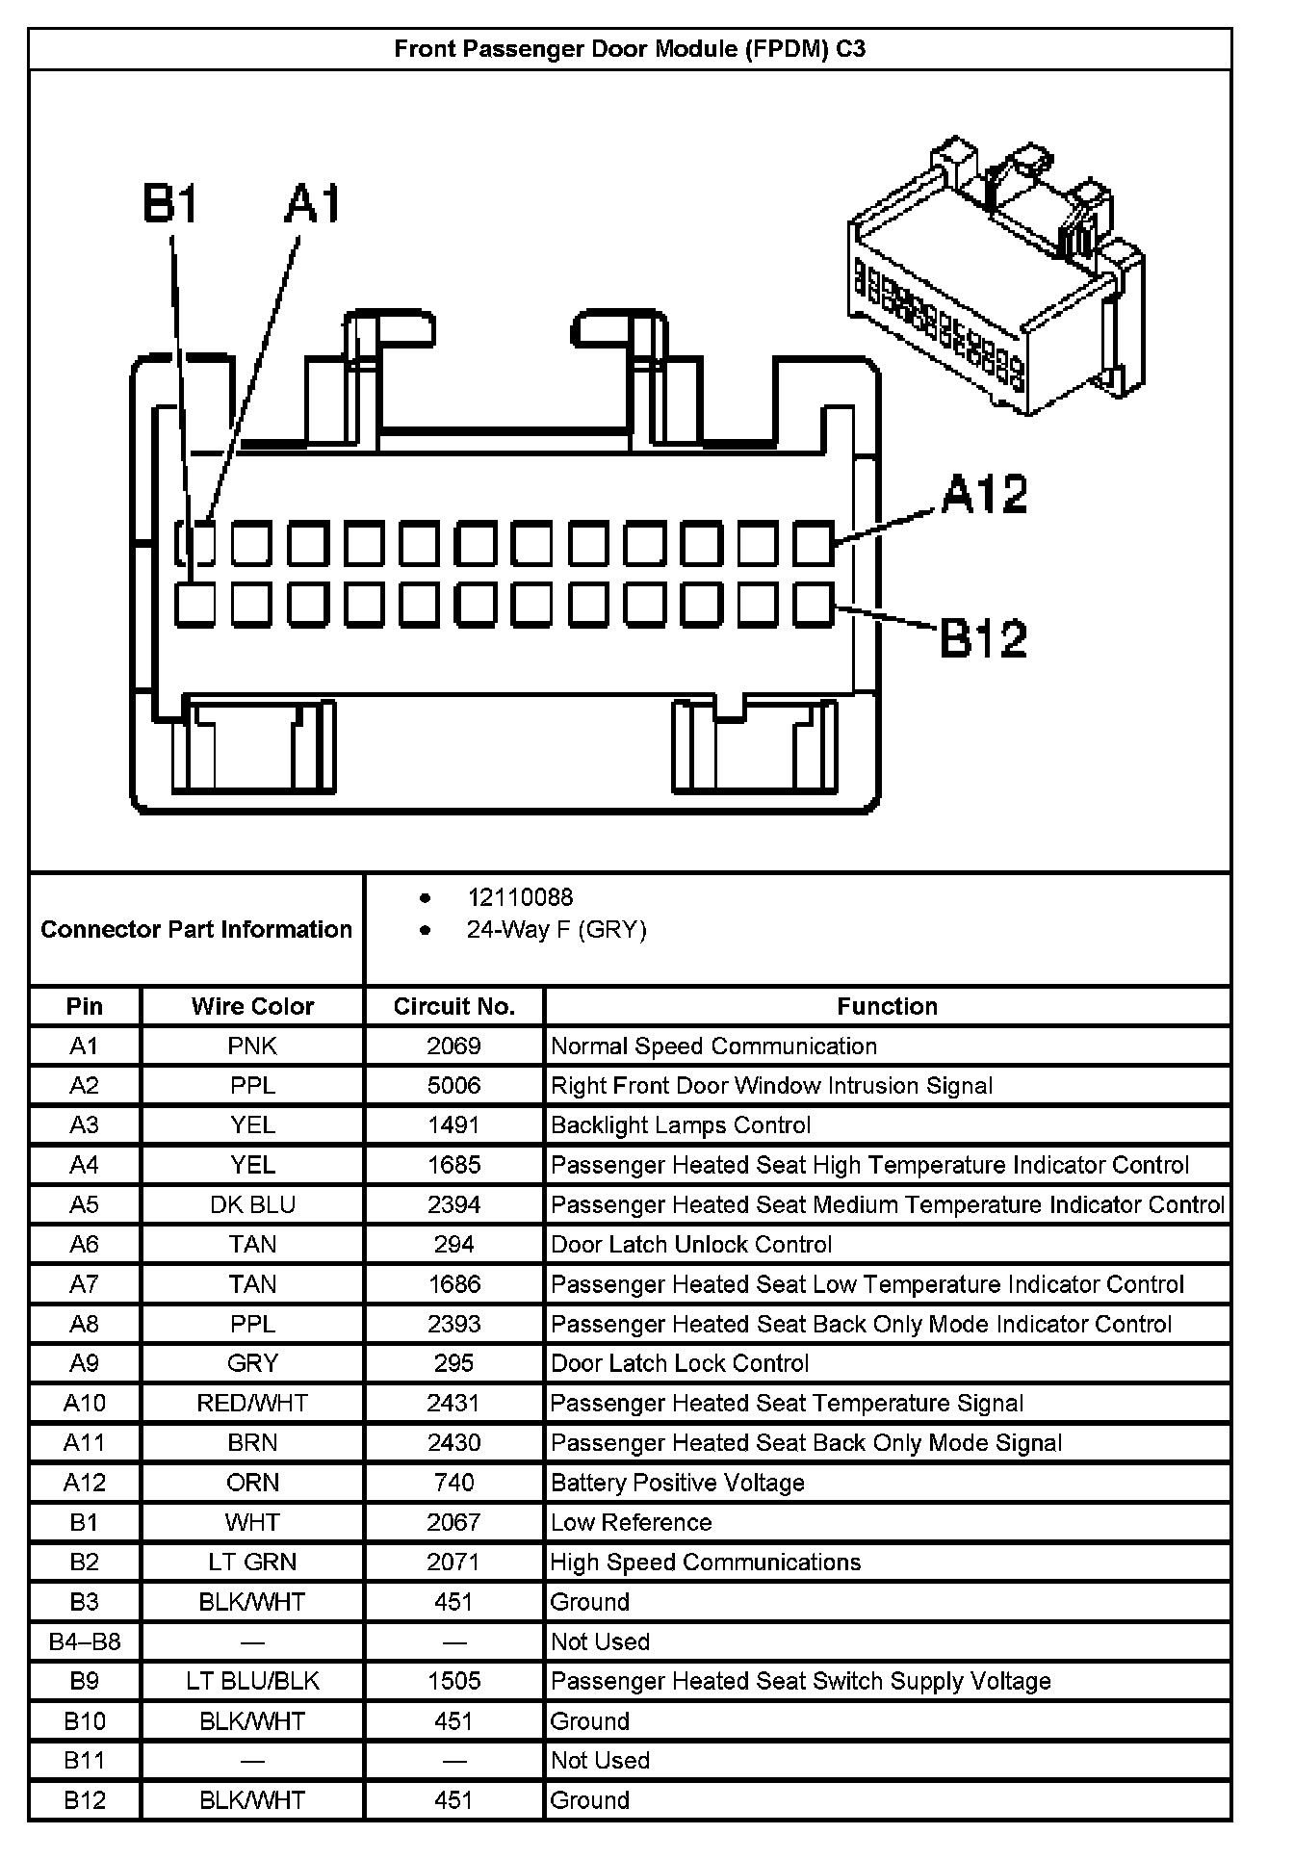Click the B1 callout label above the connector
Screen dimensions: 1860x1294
170,205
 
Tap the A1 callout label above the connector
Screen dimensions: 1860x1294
313,205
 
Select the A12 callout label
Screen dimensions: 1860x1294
984,494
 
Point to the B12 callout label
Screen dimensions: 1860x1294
983,638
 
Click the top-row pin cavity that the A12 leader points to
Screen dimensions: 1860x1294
813,543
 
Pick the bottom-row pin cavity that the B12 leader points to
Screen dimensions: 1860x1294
813,605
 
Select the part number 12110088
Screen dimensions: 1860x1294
520,897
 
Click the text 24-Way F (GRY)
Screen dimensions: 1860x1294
556,929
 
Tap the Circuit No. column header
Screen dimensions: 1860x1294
453,1006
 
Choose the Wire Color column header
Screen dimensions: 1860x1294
252,1006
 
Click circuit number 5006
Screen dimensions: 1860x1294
453,1086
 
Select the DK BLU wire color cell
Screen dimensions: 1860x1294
252,1204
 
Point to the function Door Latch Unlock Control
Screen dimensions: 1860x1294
691,1245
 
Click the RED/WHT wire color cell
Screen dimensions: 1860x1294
252,1403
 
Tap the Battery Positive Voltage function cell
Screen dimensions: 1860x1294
678,1483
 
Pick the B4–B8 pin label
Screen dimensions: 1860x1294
85,1641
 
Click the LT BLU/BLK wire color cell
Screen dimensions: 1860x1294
252,1681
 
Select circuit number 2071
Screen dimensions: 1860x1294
453,1562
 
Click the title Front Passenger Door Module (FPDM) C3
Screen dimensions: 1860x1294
630,49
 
